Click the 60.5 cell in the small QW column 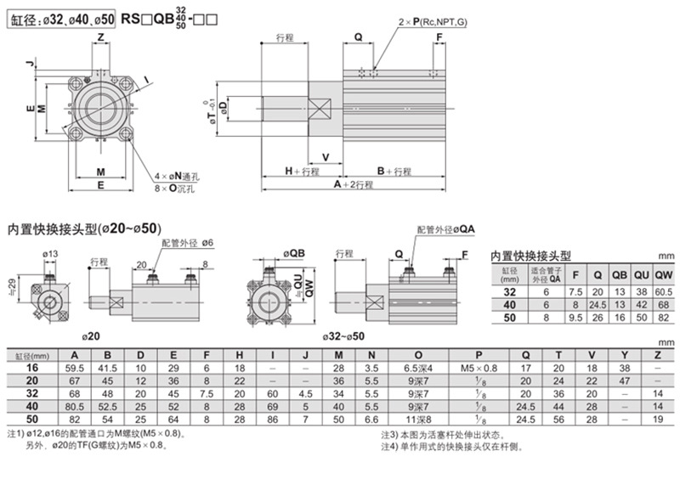tap(665, 290)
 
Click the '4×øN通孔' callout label tap(175, 177)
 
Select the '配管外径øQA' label tap(445, 229)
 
